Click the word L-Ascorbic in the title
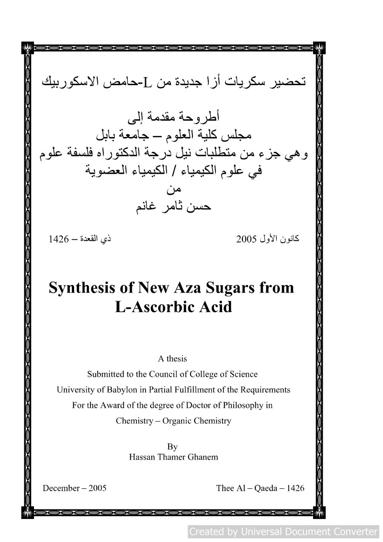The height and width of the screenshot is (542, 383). point(152,306)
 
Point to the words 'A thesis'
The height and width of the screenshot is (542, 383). point(172,358)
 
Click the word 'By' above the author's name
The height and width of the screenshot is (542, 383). point(173,447)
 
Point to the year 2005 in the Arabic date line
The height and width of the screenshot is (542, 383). point(247,238)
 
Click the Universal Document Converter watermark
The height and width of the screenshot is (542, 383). point(283,531)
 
